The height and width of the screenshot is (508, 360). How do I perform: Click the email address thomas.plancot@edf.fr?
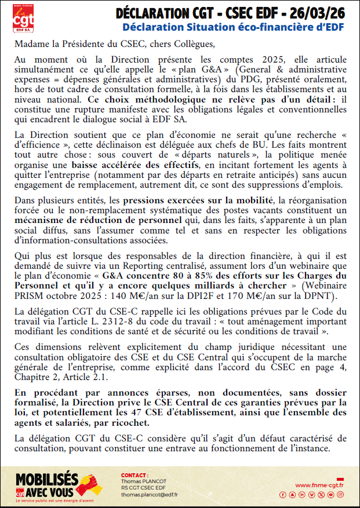pos(149,495)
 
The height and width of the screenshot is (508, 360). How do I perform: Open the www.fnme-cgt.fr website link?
pos(319,485)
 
